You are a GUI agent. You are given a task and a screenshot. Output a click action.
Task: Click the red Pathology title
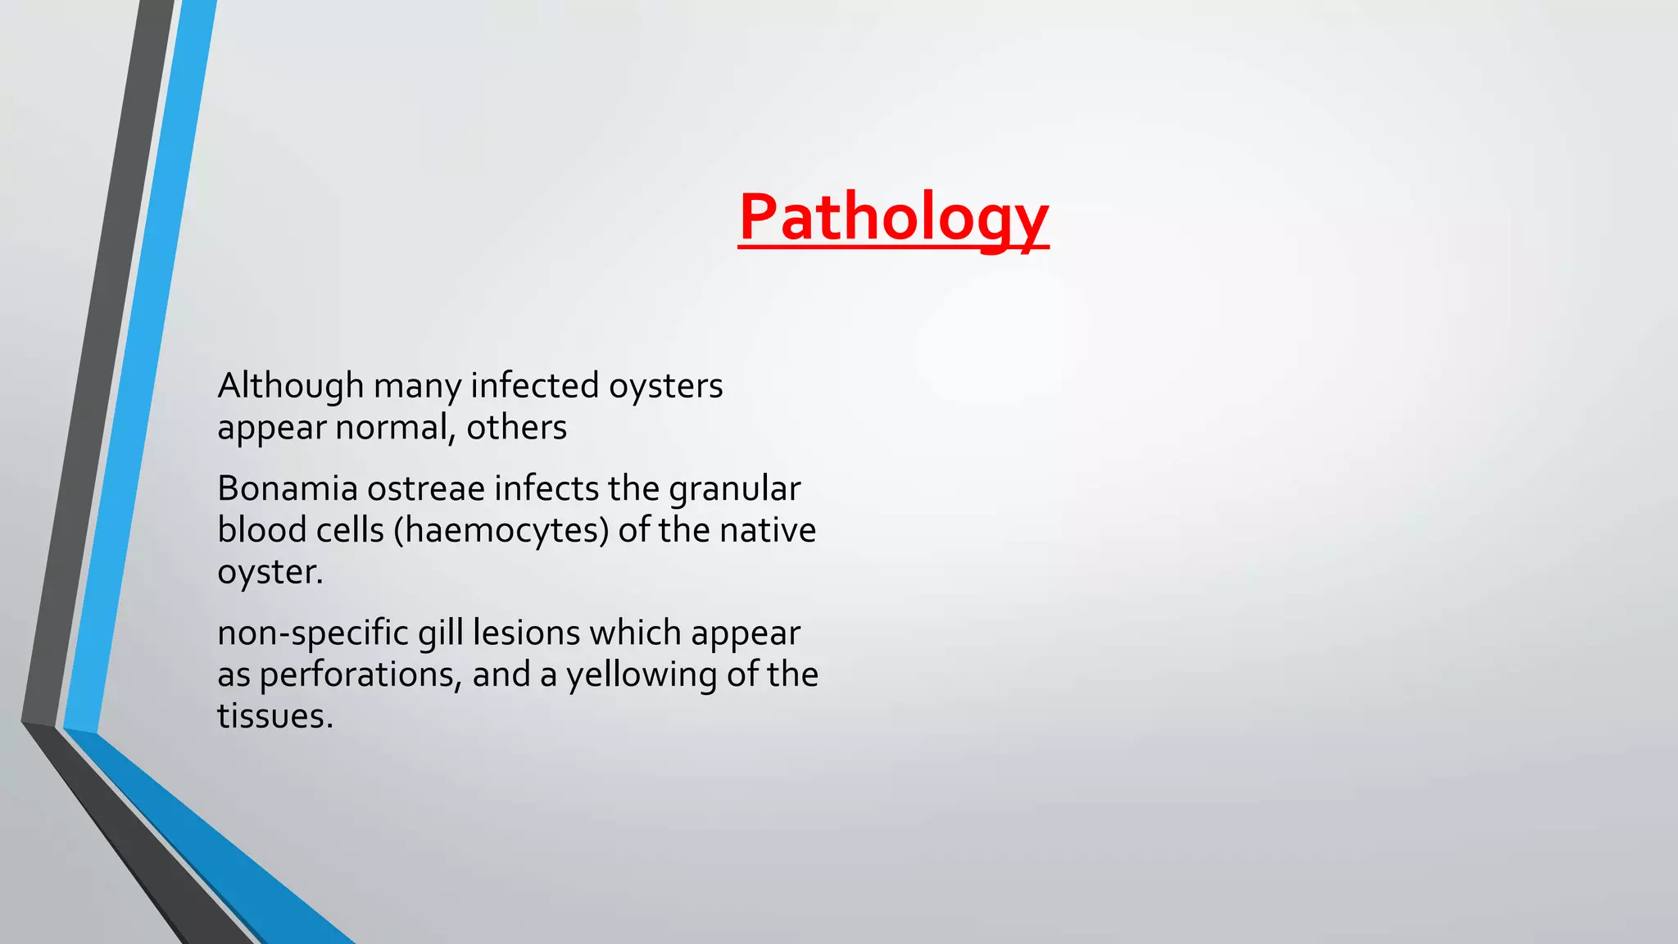click(x=893, y=217)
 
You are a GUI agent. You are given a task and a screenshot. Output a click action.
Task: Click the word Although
click(x=290, y=386)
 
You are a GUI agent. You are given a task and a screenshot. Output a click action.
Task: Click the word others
click(x=516, y=428)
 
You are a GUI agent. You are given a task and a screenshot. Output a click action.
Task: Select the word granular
click(x=734, y=489)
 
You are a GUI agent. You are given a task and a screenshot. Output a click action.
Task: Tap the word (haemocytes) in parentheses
click(x=501, y=530)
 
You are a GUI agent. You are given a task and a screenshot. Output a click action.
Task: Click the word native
click(x=768, y=530)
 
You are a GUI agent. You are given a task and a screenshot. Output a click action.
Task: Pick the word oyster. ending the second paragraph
click(x=270, y=572)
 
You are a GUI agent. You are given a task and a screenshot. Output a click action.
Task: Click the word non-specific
click(x=312, y=633)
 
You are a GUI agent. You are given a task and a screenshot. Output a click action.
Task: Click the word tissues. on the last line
click(x=274, y=716)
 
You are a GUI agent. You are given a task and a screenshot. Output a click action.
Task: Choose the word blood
click(x=261, y=530)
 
